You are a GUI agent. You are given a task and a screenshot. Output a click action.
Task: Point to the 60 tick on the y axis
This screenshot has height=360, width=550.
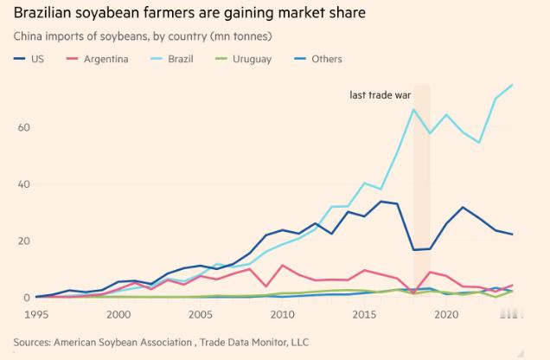coord(23,127)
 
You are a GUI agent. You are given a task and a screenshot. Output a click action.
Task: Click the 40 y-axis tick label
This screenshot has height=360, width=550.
coord(23,184)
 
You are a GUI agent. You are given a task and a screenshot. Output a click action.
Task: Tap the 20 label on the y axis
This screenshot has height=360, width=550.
coord(23,241)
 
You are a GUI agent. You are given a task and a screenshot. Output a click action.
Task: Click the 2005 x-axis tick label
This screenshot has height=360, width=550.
coord(200,315)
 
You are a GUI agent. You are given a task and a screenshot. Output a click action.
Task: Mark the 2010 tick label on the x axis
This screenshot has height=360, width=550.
coord(282,315)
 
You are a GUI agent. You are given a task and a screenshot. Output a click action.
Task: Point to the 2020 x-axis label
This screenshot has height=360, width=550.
coord(446,315)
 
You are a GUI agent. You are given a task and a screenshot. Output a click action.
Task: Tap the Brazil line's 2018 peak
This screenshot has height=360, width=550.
coord(413,109)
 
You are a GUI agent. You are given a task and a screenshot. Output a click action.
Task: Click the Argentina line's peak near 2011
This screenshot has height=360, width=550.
coord(282,266)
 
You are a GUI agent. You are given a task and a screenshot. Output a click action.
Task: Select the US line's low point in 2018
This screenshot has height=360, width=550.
coord(413,250)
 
